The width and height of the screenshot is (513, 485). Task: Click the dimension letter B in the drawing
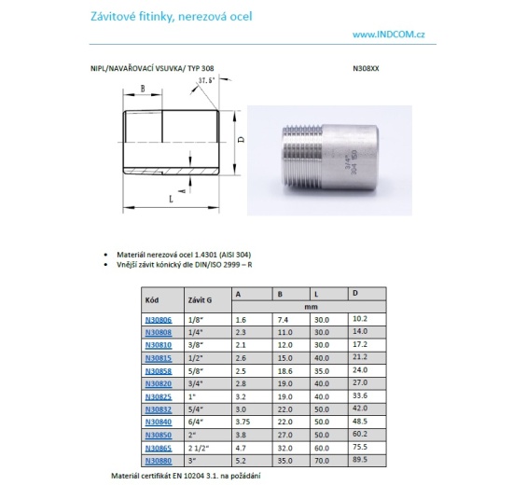click(x=142, y=90)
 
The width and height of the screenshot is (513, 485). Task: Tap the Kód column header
click(x=153, y=299)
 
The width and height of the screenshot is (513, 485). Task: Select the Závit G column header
click(x=201, y=299)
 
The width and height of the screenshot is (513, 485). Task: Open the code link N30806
click(x=159, y=319)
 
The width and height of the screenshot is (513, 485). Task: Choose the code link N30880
click(x=159, y=461)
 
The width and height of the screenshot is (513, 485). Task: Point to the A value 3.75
click(x=243, y=422)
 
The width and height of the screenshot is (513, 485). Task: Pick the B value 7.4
click(x=284, y=319)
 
